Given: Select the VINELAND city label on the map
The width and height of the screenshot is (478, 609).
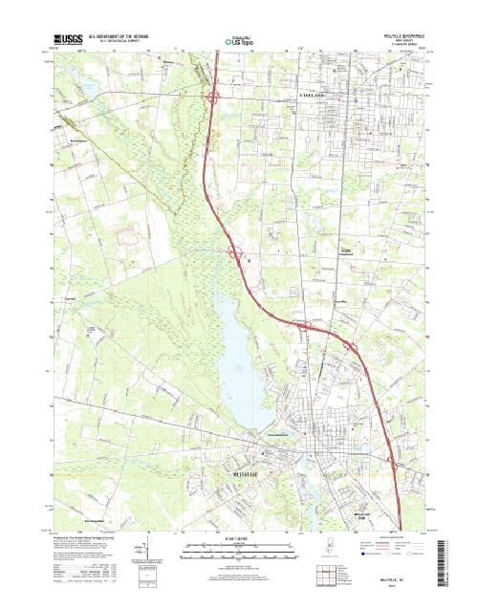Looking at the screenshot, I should tap(319, 97).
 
